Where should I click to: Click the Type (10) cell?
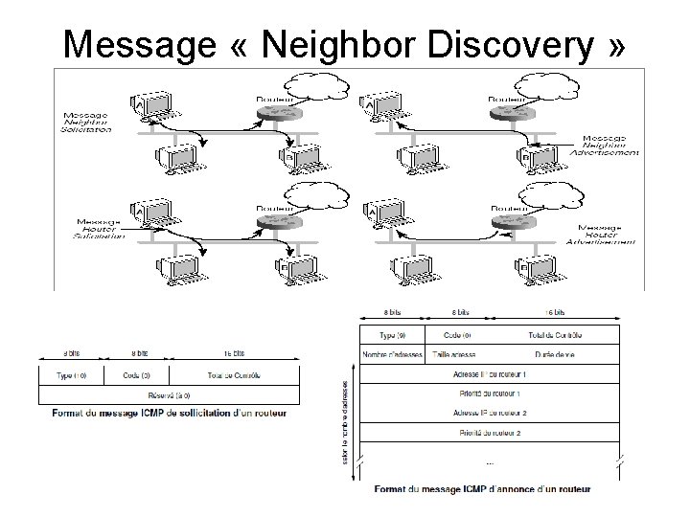pyautogui.click(x=73, y=374)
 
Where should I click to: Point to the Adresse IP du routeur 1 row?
pyautogui.click(x=489, y=373)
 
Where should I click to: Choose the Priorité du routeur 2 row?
pyautogui.click(x=489, y=434)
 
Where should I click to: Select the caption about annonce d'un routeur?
pyautogui.click(x=482, y=489)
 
